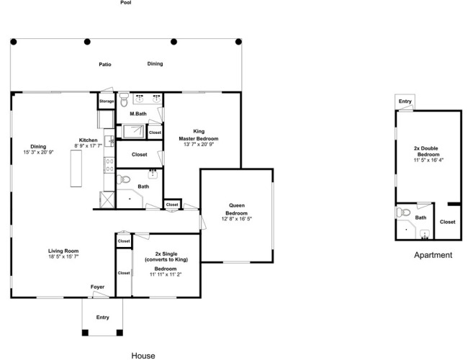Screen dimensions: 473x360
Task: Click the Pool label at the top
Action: (x=126, y=3)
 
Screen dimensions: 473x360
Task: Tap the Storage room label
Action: (x=107, y=101)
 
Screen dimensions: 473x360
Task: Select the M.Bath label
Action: (x=138, y=114)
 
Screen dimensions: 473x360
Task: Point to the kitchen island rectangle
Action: (x=76, y=168)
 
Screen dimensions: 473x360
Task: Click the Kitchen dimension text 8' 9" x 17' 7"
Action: (x=88, y=145)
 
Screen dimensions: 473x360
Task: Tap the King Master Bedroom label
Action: (x=199, y=135)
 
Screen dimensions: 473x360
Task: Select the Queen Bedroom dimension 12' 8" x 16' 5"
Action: (x=236, y=219)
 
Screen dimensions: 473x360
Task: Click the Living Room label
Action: (x=63, y=251)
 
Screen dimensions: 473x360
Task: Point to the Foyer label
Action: (x=97, y=287)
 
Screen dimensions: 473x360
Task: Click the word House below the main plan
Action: (x=143, y=356)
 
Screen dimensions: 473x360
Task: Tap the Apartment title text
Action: (x=433, y=256)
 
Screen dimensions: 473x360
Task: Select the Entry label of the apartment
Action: (x=405, y=102)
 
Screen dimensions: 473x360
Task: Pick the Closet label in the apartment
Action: (x=447, y=222)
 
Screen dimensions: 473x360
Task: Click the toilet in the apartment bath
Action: (x=403, y=212)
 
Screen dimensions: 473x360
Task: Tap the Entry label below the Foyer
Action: (x=102, y=317)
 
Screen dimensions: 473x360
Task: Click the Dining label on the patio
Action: (x=155, y=63)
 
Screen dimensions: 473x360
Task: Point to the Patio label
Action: (x=105, y=64)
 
